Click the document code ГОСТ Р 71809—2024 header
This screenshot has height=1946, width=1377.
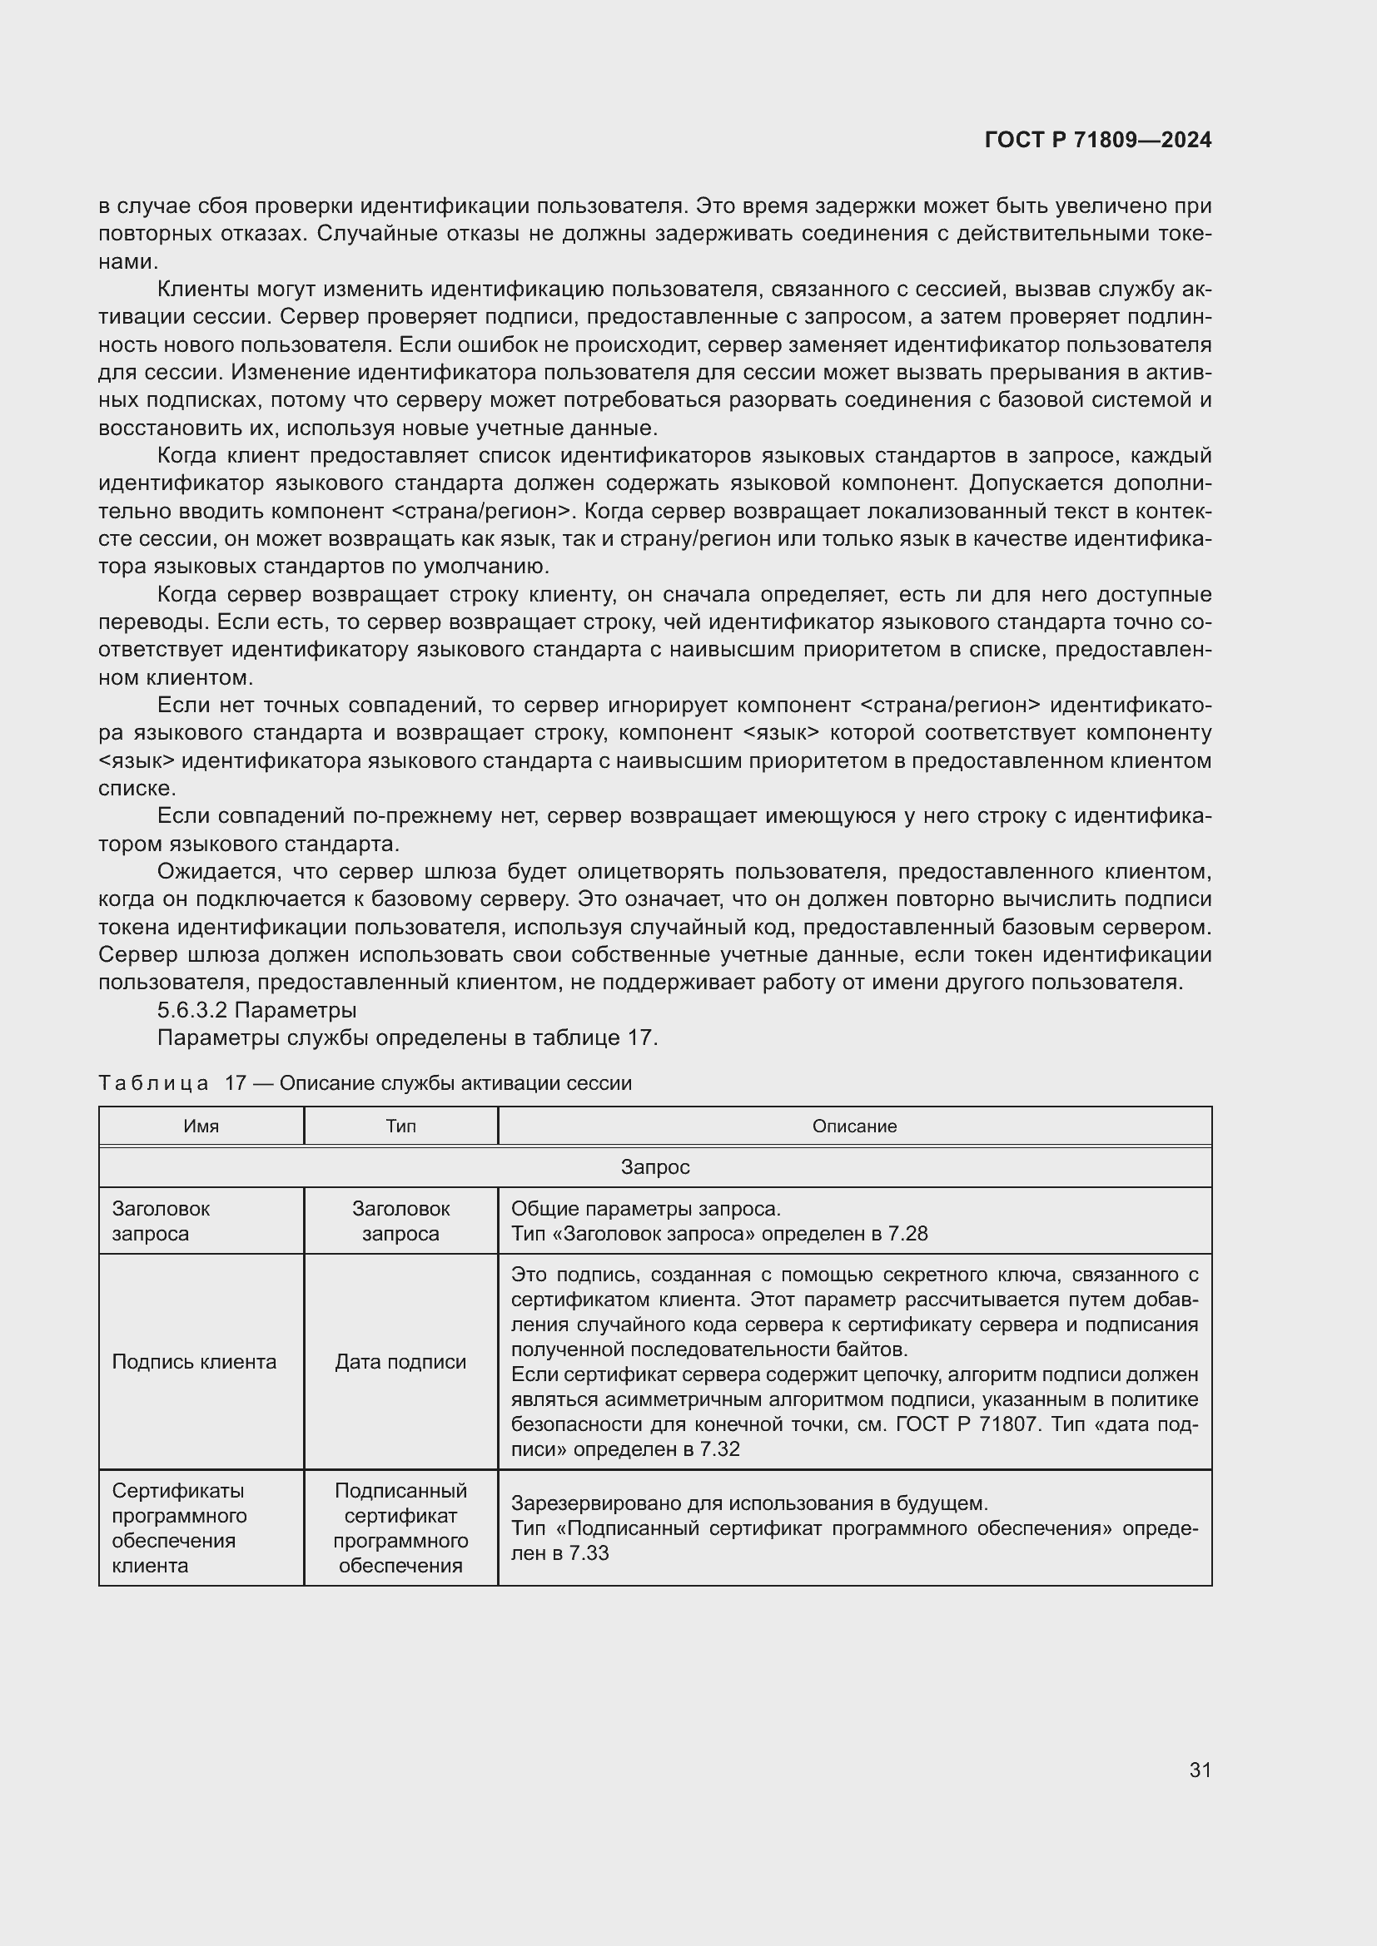coord(1097,141)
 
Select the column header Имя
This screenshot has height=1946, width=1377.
coord(201,1127)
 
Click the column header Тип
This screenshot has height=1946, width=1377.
coord(400,1127)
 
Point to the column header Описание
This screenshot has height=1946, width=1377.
coord(854,1127)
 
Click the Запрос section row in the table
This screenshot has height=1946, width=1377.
coord(654,1167)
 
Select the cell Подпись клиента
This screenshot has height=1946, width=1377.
coord(194,1362)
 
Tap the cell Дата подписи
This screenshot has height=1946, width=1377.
coord(400,1362)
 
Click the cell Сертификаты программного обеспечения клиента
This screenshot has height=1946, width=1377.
coord(179,1528)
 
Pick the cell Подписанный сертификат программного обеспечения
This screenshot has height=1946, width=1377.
coord(400,1528)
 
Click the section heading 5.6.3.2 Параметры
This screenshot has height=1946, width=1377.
coord(256,1010)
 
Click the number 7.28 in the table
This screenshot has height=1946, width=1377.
coord(908,1234)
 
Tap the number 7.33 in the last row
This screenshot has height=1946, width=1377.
coord(589,1553)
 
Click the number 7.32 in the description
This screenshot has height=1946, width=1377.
coord(720,1449)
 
